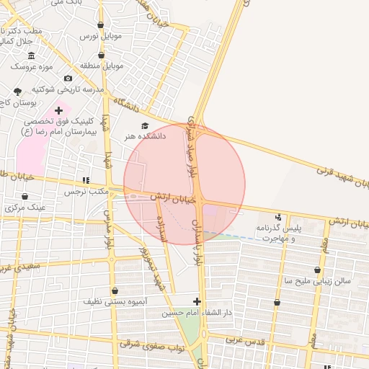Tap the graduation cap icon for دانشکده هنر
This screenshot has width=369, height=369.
pos(145,125)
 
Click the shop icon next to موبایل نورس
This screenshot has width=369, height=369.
pos(100,25)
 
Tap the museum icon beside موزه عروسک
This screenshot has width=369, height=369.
pos(31,56)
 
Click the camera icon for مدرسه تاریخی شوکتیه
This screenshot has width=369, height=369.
pos(68,79)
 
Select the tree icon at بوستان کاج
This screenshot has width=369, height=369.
pos(17,92)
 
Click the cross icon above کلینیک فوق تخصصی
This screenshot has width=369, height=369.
pos(58,111)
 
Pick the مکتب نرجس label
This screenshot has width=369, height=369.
pos(85,192)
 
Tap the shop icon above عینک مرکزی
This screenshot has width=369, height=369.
pos(25,196)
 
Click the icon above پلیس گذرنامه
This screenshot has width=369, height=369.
pos(279,217)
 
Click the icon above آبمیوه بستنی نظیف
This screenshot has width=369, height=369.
pos(115,291)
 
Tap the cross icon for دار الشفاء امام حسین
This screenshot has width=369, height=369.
pos(197,301)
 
